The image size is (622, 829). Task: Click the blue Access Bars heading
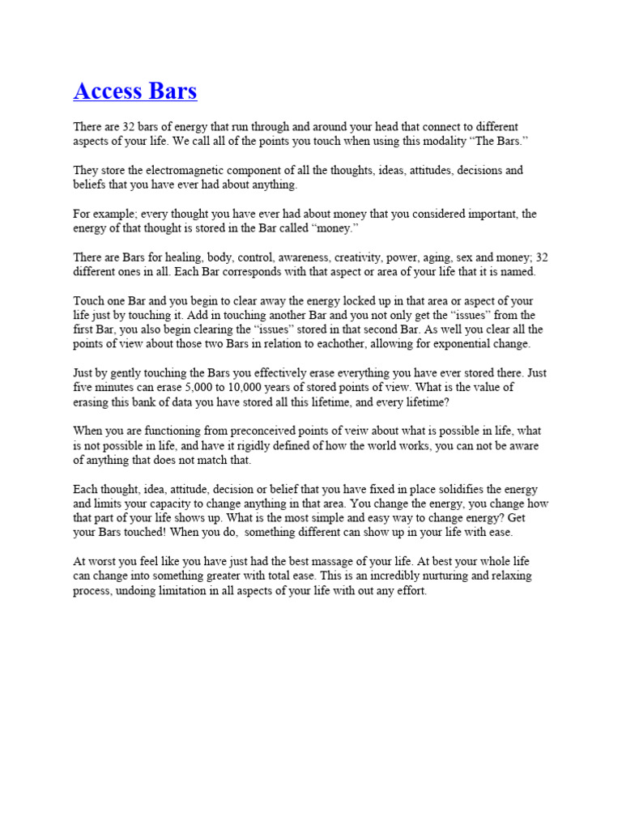click(135, 91)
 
